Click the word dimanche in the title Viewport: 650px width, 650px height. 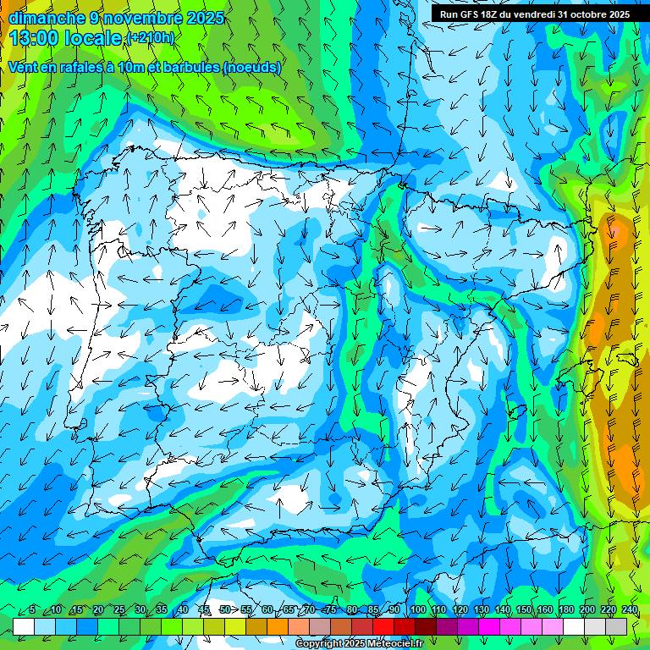click(45, 18)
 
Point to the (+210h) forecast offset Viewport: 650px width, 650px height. click(150, 38)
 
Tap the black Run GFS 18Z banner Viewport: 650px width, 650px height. click(534, 14)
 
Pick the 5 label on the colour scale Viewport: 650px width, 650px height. click(32, 610)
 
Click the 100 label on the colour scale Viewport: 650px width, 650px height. click(417, 610)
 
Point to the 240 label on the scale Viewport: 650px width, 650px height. click(629, 610)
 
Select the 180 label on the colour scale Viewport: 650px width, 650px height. click(565, 610)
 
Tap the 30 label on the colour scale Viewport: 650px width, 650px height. click(140, 610)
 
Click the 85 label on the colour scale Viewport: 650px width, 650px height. click(373, 610)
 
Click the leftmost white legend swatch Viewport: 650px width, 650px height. click(24, 626)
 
